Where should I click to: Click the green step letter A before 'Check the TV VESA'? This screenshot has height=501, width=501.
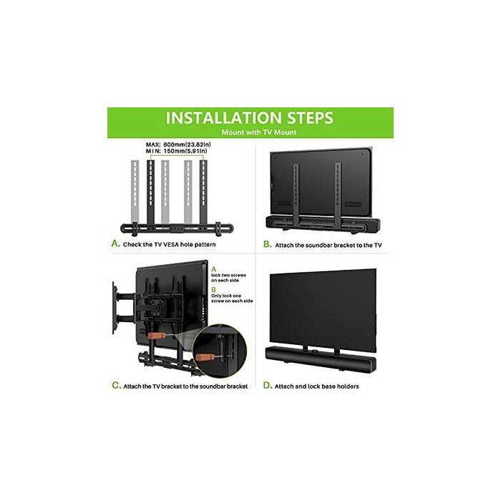pyautogui.click(x=115, y=243)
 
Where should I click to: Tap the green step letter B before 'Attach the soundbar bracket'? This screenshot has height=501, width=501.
pyautogui.click(x=268, y=243)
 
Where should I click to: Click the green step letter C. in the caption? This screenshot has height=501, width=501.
pyautogui.click(x=115, y=385)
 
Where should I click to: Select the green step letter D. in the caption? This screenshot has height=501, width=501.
pyautogui.click(x=268, y=385)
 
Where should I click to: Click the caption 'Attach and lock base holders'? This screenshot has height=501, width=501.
pyautogui.click(x=319, y=386)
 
